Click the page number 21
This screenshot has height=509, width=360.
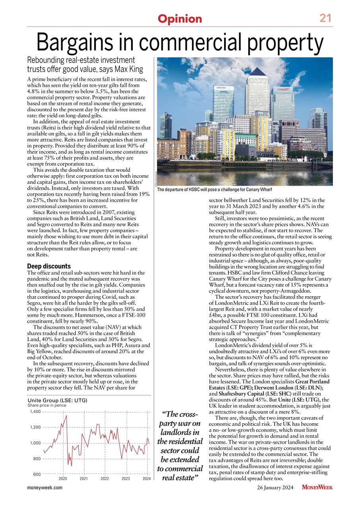tap(326, 18)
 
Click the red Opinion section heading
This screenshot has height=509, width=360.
tap(180, 19)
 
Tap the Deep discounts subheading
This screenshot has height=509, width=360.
tap(48, 266)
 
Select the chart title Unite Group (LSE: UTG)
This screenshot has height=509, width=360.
tap(57, 400)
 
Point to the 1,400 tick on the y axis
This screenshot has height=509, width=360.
tap(35, 412)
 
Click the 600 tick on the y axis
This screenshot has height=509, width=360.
tap(37, 474)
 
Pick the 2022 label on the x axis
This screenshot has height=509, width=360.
tap(105, 479)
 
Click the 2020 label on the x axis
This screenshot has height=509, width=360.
tap(62, 479)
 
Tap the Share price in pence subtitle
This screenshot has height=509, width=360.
tap(47, 405)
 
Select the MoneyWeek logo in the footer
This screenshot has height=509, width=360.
tap(317, 488)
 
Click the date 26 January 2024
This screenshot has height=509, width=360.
tap(275, 488)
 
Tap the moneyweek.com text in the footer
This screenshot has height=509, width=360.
tap(45, 488)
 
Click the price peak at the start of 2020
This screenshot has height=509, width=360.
tap(66, 416)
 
